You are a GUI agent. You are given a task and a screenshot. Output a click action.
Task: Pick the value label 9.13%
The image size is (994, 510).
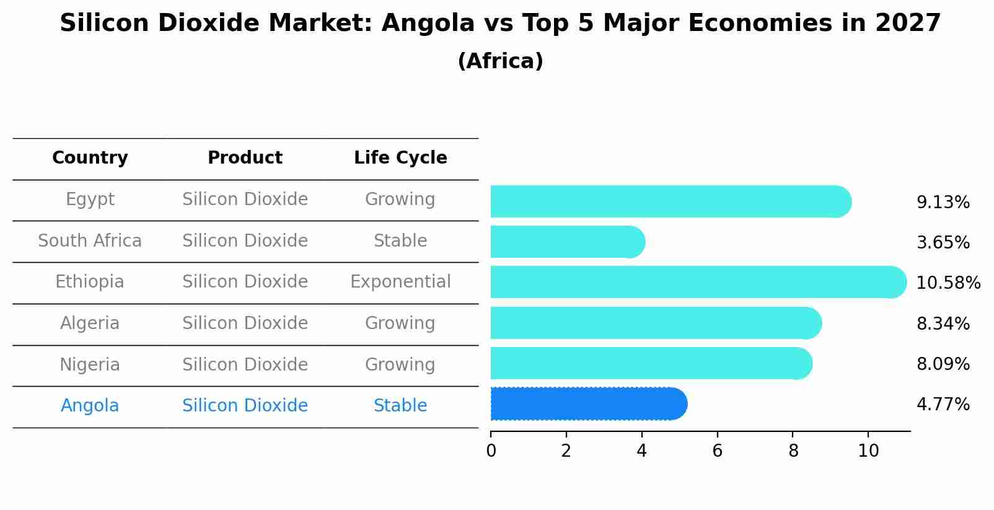click(x=943, y=203)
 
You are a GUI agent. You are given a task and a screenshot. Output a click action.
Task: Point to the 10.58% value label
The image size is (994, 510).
click(x=948, y=283)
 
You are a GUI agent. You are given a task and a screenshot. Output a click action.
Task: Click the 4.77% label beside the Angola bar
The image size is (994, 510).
click(x=943, y=405)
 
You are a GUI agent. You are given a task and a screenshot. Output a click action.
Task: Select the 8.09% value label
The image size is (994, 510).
click(x=943, y=364)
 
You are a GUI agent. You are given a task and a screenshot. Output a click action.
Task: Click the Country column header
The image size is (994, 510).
click(x=90, y=158)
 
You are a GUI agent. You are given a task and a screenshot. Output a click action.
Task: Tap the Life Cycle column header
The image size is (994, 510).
click(x=400, y=158)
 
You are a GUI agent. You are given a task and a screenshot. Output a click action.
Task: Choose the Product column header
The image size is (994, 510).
click(x=245, y=158)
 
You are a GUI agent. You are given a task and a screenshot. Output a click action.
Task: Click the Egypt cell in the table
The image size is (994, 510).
click(x=90, y=200)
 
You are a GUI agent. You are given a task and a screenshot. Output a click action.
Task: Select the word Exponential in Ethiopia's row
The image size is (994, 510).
click(x=400, y=282)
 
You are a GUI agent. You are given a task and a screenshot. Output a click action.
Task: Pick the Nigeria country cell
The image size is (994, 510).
click(x=90, y=364)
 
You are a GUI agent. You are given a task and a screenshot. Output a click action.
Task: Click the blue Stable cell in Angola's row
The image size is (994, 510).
click(x=400, y=406)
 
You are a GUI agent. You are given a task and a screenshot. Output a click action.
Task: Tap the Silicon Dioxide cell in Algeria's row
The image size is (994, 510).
click(x=245, y=323)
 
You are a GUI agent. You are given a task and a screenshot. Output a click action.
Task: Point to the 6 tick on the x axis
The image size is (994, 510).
click(x=717, y=451)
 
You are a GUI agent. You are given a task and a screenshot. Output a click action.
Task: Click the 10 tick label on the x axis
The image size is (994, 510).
click(x=868, y=451)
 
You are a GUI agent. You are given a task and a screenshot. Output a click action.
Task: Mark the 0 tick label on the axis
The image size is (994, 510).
click(x=491, y=451)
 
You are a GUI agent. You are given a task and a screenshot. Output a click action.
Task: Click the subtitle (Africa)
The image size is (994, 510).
click(x=500, y=61)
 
